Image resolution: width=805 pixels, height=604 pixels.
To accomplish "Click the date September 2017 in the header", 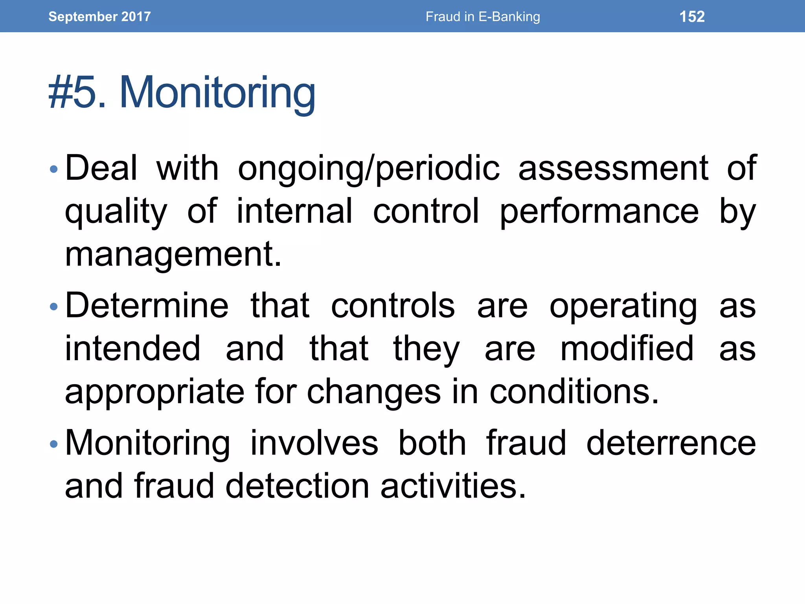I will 99,17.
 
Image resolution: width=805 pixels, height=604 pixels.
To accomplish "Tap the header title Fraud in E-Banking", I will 483,17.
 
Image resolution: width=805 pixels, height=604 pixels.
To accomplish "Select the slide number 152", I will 692,17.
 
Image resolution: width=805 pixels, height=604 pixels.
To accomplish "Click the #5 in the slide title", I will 73,93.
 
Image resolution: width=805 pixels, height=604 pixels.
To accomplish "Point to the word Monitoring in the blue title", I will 217,93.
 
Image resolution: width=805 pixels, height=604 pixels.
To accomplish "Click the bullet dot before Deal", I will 54,170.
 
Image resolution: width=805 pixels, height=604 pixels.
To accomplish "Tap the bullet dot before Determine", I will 54,307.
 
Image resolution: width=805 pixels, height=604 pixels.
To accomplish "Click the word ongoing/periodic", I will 369,169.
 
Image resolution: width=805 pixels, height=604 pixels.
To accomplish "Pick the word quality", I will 116,212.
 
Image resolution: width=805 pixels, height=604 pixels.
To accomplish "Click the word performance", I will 599,212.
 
